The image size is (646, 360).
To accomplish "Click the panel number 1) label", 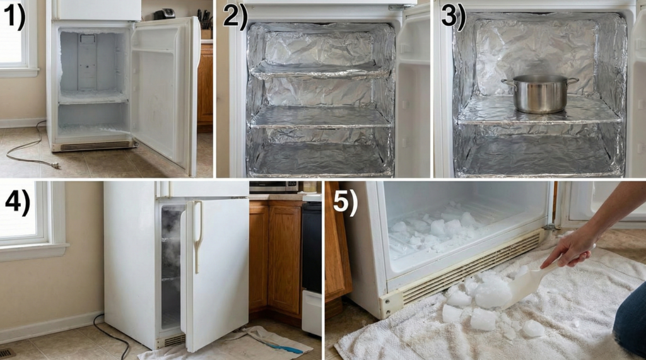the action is tap(14, 17).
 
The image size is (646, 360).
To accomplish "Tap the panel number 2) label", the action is tap(235, 17).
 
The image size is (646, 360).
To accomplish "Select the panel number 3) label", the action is tap(453, 17).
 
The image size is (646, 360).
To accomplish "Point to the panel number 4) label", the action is tap(17, 202).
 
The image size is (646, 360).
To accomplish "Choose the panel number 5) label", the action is tap(345, 202).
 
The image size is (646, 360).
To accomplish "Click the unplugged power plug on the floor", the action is tap(54, 165).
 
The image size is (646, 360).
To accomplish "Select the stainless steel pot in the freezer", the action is tap(540, 93).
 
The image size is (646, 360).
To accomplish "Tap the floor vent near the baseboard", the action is tap(7, 354).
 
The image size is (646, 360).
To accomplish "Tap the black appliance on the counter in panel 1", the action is tap(165, 15).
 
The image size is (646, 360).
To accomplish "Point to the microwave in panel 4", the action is tap(274, 187).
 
